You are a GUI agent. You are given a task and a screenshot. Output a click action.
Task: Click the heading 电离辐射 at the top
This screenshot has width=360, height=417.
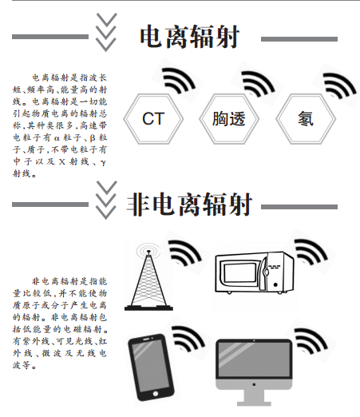coord(190,37)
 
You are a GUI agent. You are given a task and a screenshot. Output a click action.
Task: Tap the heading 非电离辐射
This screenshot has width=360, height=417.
coord(189,205)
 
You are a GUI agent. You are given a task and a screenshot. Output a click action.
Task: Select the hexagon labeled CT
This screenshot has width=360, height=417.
coord(153,119)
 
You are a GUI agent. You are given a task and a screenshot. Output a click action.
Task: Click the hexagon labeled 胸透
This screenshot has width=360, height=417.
coord(229,119)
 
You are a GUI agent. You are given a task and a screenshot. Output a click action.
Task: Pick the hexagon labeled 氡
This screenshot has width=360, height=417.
coord(306,119)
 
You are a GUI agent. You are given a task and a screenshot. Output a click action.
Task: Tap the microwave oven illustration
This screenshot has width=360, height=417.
coord(255,272)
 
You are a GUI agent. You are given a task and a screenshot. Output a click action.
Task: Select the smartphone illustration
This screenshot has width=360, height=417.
coord(151,367)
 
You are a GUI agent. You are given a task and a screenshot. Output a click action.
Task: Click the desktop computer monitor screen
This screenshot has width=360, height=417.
coord(254,359)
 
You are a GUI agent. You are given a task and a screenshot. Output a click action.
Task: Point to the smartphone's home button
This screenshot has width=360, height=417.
coord(156,393)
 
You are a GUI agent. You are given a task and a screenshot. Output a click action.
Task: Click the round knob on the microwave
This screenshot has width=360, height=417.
coord(275,284)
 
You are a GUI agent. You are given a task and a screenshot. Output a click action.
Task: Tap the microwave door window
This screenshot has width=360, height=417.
coord(240,273)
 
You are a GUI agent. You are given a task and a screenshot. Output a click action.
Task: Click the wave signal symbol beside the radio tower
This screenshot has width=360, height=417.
coord(185,252)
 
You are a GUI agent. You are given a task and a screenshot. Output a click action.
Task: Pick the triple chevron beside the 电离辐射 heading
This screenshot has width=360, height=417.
coord(106,32)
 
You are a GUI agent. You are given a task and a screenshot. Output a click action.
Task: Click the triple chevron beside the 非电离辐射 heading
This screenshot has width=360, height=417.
coord(106,200)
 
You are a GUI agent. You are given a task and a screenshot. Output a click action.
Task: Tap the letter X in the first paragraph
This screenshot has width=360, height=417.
coord(62,161)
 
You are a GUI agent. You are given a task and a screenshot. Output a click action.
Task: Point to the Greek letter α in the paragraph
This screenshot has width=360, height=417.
coord(57,138)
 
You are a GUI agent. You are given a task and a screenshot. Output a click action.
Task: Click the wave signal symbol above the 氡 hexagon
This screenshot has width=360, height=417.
coord(339,85)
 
